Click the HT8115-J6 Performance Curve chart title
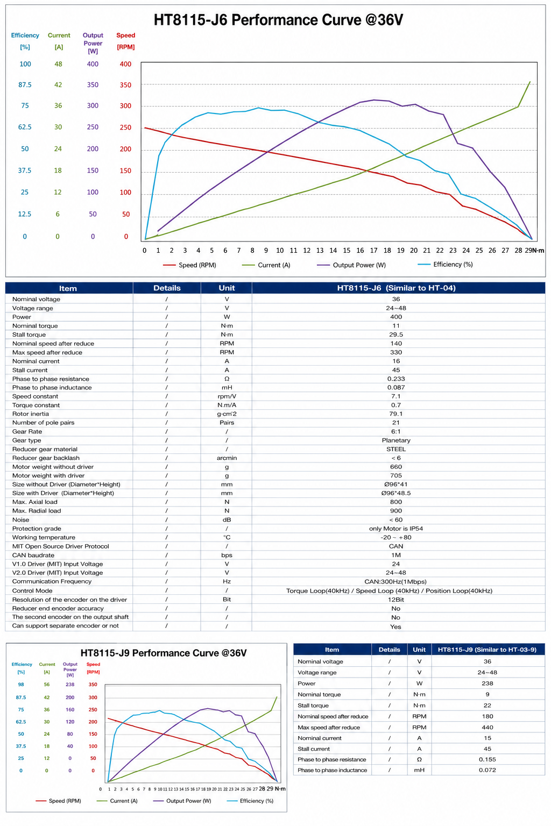point(278,20)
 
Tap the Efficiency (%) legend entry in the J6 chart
point(445,265)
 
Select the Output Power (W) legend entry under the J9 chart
point(182,801)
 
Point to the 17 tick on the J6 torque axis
point(373,251)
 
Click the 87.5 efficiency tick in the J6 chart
point(25,85)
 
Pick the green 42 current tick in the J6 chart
point(58,85)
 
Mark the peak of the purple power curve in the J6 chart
point(374,99)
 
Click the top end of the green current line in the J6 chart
point(530,82)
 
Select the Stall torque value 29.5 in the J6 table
point(396,334)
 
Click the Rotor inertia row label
point(30,414)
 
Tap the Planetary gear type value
point(396,440)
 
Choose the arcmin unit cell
point(227,458)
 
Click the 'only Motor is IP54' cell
point(396,529)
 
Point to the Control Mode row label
point(32,590)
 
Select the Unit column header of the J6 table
point(227,288)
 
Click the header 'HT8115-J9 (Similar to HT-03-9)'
point(487,650)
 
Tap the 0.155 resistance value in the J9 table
point(487,759)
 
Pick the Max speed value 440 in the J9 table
point(487,727)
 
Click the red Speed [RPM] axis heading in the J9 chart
point(93,668)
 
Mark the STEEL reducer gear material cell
point(396,449)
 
